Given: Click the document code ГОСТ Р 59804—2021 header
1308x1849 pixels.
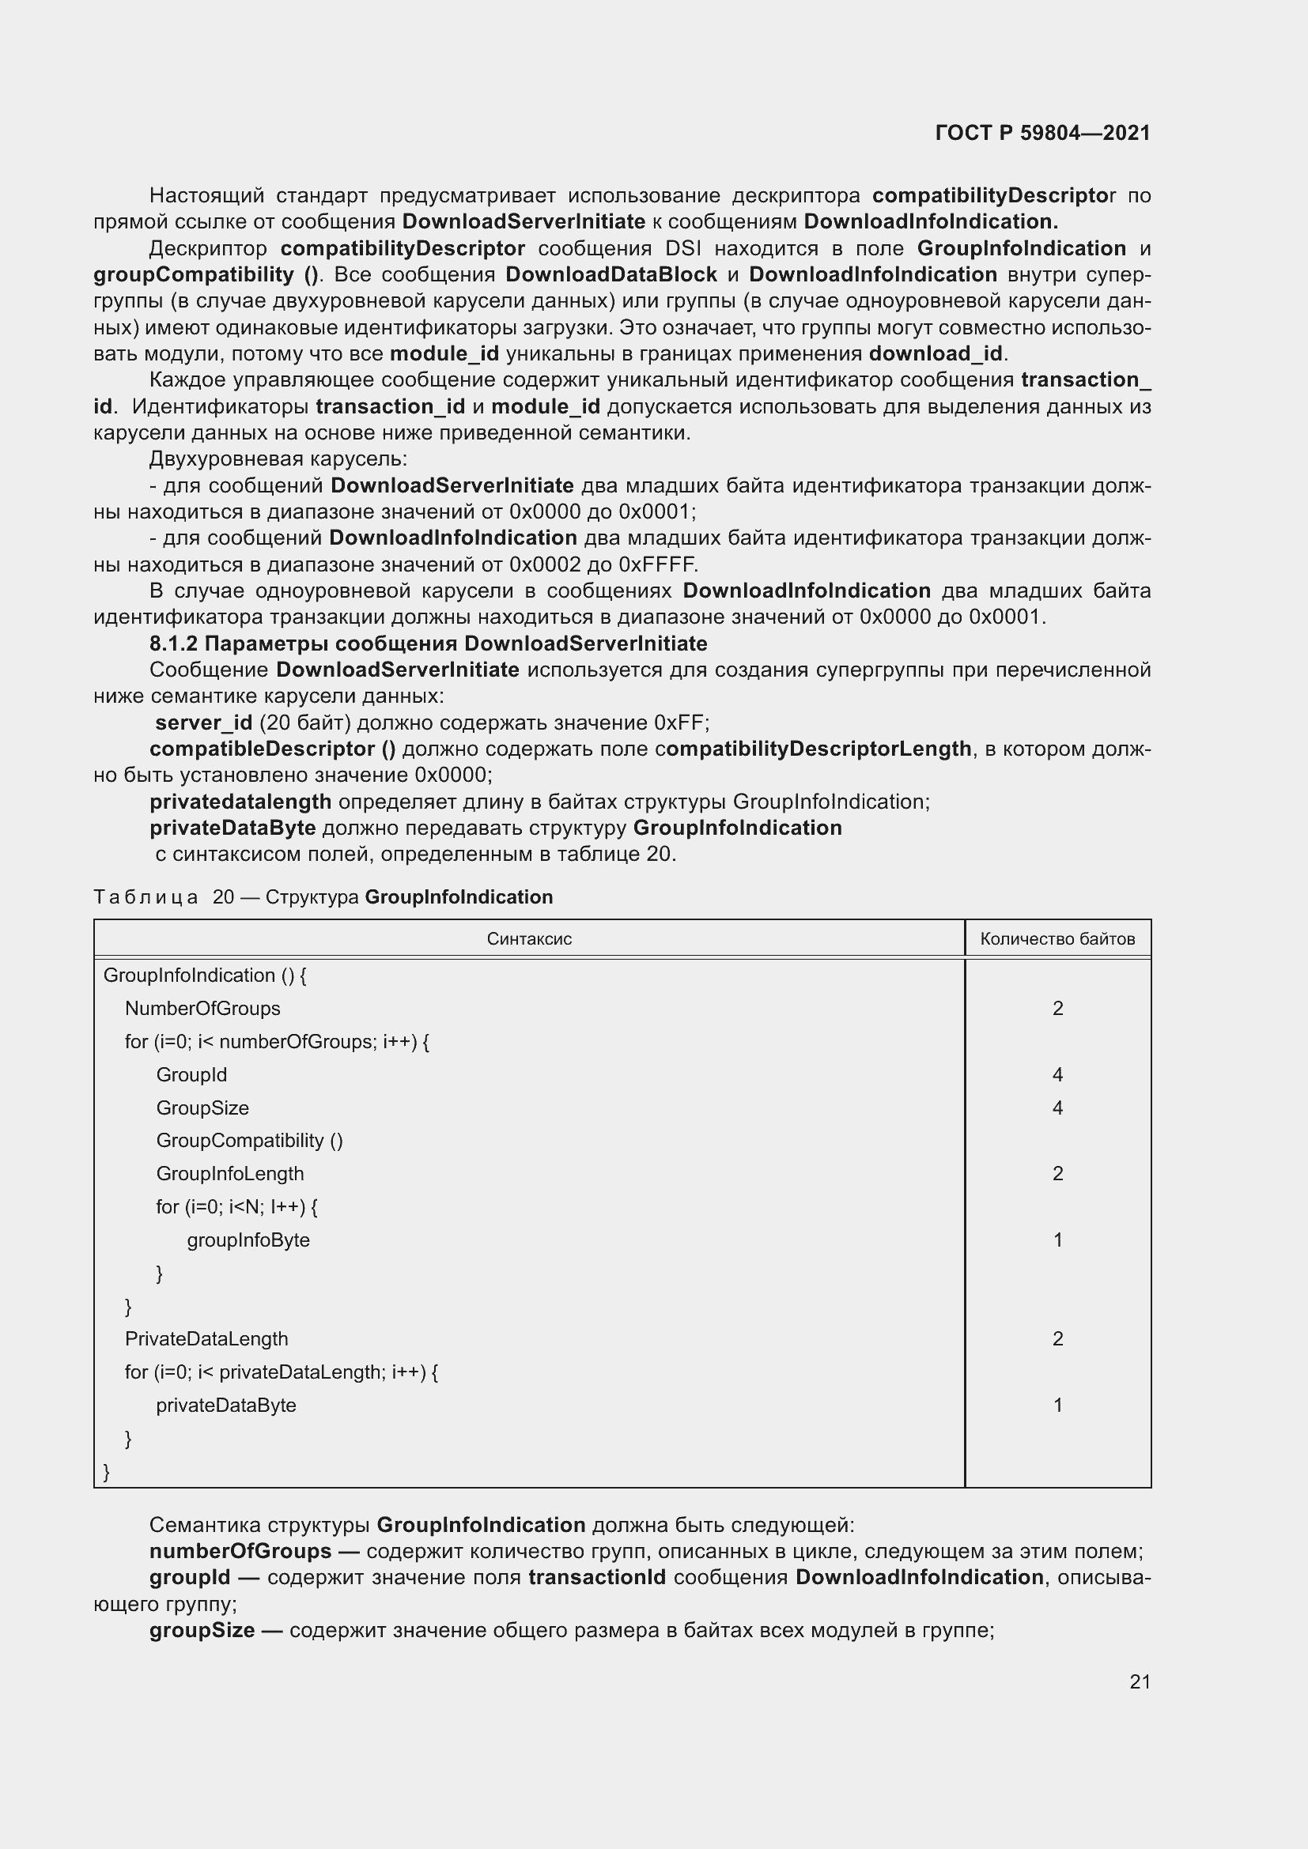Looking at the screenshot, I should coord(1042,133).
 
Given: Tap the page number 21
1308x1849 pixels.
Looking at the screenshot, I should coord(1140,1681).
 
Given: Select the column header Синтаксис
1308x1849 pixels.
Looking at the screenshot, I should coord(528,938).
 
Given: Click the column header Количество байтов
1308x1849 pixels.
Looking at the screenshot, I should coord(1057,938).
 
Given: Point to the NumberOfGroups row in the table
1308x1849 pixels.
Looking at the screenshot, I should coord(202,1008).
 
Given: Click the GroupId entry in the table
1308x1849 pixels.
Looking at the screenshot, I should coord(191,1074).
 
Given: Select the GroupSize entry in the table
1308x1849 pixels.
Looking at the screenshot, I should coord(202,1108).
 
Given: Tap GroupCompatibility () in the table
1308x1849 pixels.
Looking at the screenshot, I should coord(249,1141).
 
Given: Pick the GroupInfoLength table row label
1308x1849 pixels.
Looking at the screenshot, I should coord(229,1173).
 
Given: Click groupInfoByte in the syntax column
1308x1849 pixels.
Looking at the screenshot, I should coord(248,1240).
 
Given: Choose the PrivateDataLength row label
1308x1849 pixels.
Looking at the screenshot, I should coord(206,1338).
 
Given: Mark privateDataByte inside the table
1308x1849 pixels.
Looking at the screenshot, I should coord(225,1406).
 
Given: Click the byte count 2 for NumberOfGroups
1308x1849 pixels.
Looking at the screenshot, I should coord(1057,1008).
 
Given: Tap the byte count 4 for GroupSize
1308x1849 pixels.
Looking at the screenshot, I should coord(1057,1108).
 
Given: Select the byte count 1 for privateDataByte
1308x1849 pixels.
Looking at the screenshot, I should coord(1057,1406).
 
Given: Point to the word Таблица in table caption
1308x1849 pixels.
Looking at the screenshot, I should coord(146,897).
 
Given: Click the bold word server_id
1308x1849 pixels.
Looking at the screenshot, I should coord(204,723).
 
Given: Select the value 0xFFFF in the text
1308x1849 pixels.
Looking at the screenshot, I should coord(657,564).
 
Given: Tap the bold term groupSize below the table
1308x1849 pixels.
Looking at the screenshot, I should coord(202,1631).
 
